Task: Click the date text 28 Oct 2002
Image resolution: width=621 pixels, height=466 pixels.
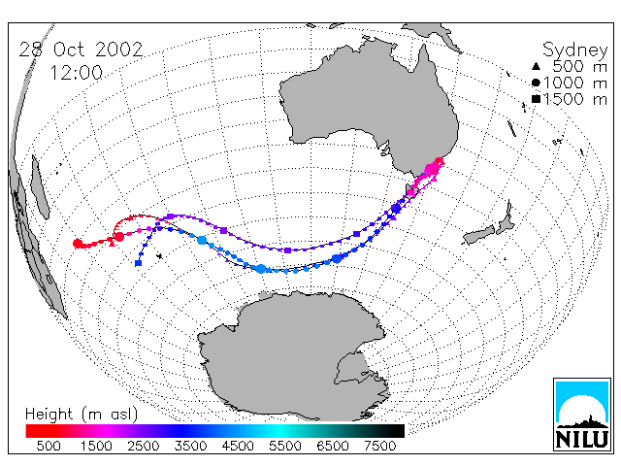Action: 81,50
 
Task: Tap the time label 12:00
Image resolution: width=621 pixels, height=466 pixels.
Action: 77,73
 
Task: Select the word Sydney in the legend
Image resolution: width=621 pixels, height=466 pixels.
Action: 574,50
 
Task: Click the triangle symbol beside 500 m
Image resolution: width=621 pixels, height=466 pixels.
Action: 536,66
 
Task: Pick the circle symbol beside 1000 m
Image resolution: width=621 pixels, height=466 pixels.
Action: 536,83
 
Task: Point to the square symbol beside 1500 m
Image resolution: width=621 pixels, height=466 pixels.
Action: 536,99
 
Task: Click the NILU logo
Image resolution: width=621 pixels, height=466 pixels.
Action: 582,415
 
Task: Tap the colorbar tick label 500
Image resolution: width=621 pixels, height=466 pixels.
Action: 49,446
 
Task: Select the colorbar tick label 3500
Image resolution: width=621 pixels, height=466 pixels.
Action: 190,446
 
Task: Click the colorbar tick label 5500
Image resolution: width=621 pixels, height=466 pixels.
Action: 285,446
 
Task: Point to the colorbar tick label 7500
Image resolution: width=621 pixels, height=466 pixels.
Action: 379,446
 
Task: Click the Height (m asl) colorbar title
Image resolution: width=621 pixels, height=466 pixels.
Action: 82,415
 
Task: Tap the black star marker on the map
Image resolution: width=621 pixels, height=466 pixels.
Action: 159,256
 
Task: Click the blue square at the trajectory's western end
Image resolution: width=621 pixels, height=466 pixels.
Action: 138,263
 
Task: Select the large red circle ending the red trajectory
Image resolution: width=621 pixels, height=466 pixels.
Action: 78,244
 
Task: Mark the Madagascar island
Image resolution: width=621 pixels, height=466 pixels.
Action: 40,187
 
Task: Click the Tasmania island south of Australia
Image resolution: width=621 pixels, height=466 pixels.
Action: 409,191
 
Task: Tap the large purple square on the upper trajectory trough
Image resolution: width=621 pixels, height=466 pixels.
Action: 287,250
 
